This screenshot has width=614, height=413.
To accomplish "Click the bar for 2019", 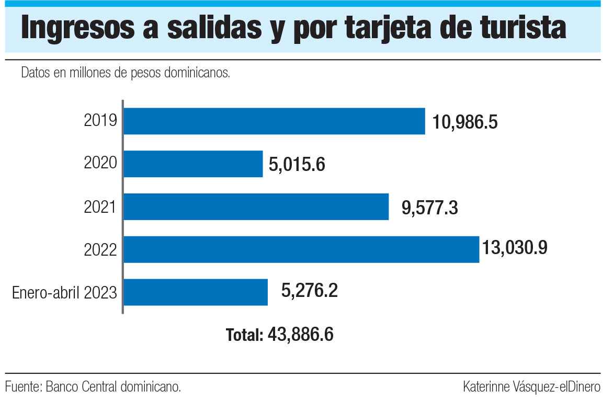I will [x=274, y=121].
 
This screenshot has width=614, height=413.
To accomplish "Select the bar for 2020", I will [x=193, y=164].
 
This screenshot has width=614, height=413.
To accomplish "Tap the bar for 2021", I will [x=256, y=207].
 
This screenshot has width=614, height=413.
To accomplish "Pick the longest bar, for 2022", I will [x=301, y=249].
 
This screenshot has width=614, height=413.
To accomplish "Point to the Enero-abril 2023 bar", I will [x=196, y=292].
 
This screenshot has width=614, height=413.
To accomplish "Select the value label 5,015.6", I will [x=297, y=165].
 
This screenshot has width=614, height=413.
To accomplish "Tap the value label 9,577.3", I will [x=430, y=208].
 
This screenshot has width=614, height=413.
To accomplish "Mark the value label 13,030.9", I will [x=515, y=247].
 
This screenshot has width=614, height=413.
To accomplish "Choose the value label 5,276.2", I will [x=310, y=291].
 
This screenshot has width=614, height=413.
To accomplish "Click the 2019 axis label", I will [x=100, y=121].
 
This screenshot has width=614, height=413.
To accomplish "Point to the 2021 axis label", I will [x=100, y=207].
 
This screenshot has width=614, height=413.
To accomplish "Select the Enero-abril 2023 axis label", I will [x=64, y=293].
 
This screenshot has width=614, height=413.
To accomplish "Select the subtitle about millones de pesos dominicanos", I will [x=126, y=73].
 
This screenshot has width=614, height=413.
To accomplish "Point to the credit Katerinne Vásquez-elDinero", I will [x=531, y=387].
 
